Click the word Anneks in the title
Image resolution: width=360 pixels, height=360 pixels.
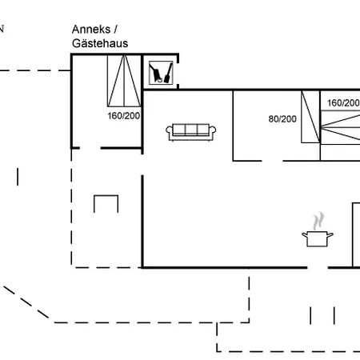(x=91, y=30)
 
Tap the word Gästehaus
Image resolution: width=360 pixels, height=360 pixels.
(x=100, y=43)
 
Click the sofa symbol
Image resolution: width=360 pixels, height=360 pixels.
(x=191, y=132)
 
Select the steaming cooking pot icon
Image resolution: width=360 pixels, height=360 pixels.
(x=318, y=230)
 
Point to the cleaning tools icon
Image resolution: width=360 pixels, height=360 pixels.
(x=161, y=73)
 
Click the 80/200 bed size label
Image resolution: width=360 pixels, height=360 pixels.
(x=282, y=119)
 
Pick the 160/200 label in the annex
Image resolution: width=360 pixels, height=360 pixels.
(x=124, y=116)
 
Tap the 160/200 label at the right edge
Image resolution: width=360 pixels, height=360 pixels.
(x=343, y=103)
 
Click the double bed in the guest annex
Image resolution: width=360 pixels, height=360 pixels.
(x=124, y=81)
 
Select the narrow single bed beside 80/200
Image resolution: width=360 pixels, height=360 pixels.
(x=310, y=117)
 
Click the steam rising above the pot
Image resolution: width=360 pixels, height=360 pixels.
(x=318, y=221)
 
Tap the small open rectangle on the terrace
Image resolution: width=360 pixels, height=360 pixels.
(x=106, y=196)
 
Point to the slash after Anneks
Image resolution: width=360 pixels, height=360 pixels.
(x=115, y=29)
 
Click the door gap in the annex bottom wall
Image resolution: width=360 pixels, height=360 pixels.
(x=90, y=148)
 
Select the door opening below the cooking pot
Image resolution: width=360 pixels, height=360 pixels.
(x=318, y=267)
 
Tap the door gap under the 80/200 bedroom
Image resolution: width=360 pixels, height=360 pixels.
(x=272, y=161)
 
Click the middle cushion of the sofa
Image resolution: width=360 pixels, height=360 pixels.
(x=191, y=130)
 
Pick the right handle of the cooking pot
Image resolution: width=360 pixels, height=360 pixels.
(x=330, y=235)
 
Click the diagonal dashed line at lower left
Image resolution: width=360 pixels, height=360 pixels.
(x=26, y=302)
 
